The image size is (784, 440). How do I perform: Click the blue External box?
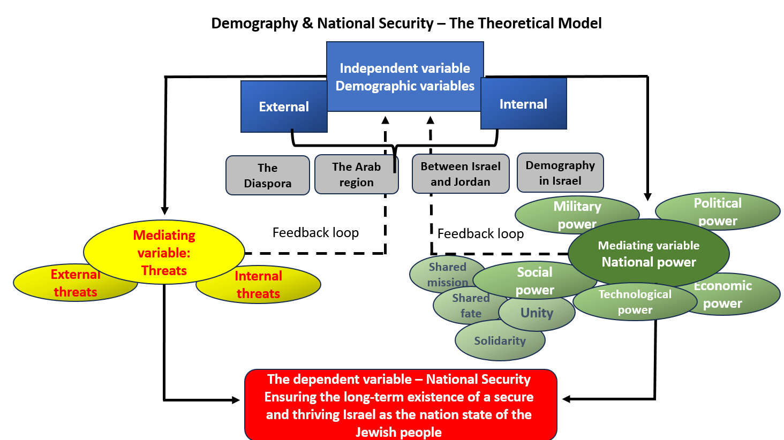coord(284,107)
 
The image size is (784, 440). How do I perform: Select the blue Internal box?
coord(524,103)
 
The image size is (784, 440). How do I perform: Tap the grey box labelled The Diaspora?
coord(268,175)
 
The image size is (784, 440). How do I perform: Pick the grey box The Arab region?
coord(356,174)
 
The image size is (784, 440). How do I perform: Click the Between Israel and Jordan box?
coord(461,174)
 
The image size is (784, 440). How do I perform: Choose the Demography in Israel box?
coord(560,172)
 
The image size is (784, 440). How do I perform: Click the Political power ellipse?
coord(718,211)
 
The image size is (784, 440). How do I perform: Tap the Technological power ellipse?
coord(635,302)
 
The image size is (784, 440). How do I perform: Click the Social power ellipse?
coord(535,280)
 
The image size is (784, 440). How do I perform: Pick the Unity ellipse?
coord(537,313)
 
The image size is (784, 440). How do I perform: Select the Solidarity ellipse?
coord(500,340)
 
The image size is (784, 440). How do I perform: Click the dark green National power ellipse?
coord(649,253)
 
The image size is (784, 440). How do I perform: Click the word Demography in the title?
coord(254,24)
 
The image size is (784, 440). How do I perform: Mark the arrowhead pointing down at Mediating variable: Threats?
coord(164,210)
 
